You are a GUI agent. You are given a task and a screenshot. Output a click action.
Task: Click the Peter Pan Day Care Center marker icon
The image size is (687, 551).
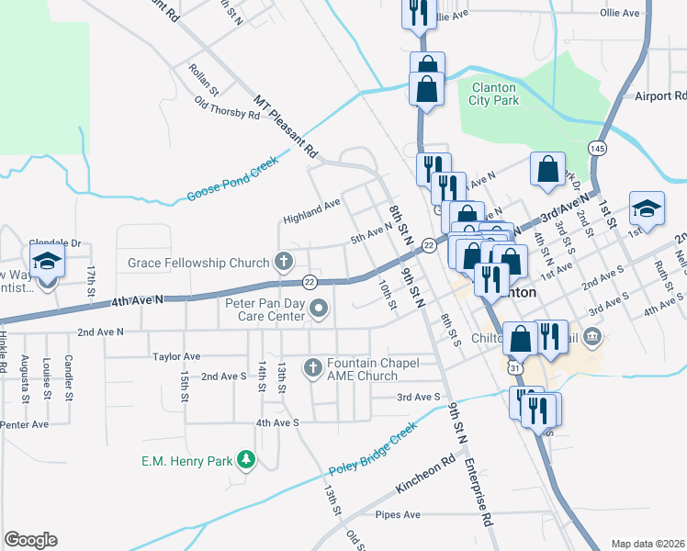(319, 308)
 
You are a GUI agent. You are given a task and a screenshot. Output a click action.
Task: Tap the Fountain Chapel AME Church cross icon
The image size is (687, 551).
(312, 367)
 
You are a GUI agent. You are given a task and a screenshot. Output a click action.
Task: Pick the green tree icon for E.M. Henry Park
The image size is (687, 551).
(245, 459)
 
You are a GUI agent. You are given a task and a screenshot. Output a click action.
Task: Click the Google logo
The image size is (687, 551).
(30, 540)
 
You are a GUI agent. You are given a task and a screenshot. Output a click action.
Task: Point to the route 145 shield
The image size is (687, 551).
(598, 148)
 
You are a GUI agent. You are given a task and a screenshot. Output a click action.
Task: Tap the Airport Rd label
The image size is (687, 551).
(660, 96)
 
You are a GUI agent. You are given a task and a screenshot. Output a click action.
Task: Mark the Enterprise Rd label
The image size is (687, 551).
(479, 492)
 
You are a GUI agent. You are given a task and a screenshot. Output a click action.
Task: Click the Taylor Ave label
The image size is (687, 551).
(176, 356)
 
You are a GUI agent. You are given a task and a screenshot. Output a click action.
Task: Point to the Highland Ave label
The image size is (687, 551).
(311, 209)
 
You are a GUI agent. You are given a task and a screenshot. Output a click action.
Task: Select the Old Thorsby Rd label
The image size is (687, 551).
(228, 108)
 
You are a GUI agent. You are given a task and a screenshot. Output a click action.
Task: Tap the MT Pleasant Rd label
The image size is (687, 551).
(285, 126)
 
